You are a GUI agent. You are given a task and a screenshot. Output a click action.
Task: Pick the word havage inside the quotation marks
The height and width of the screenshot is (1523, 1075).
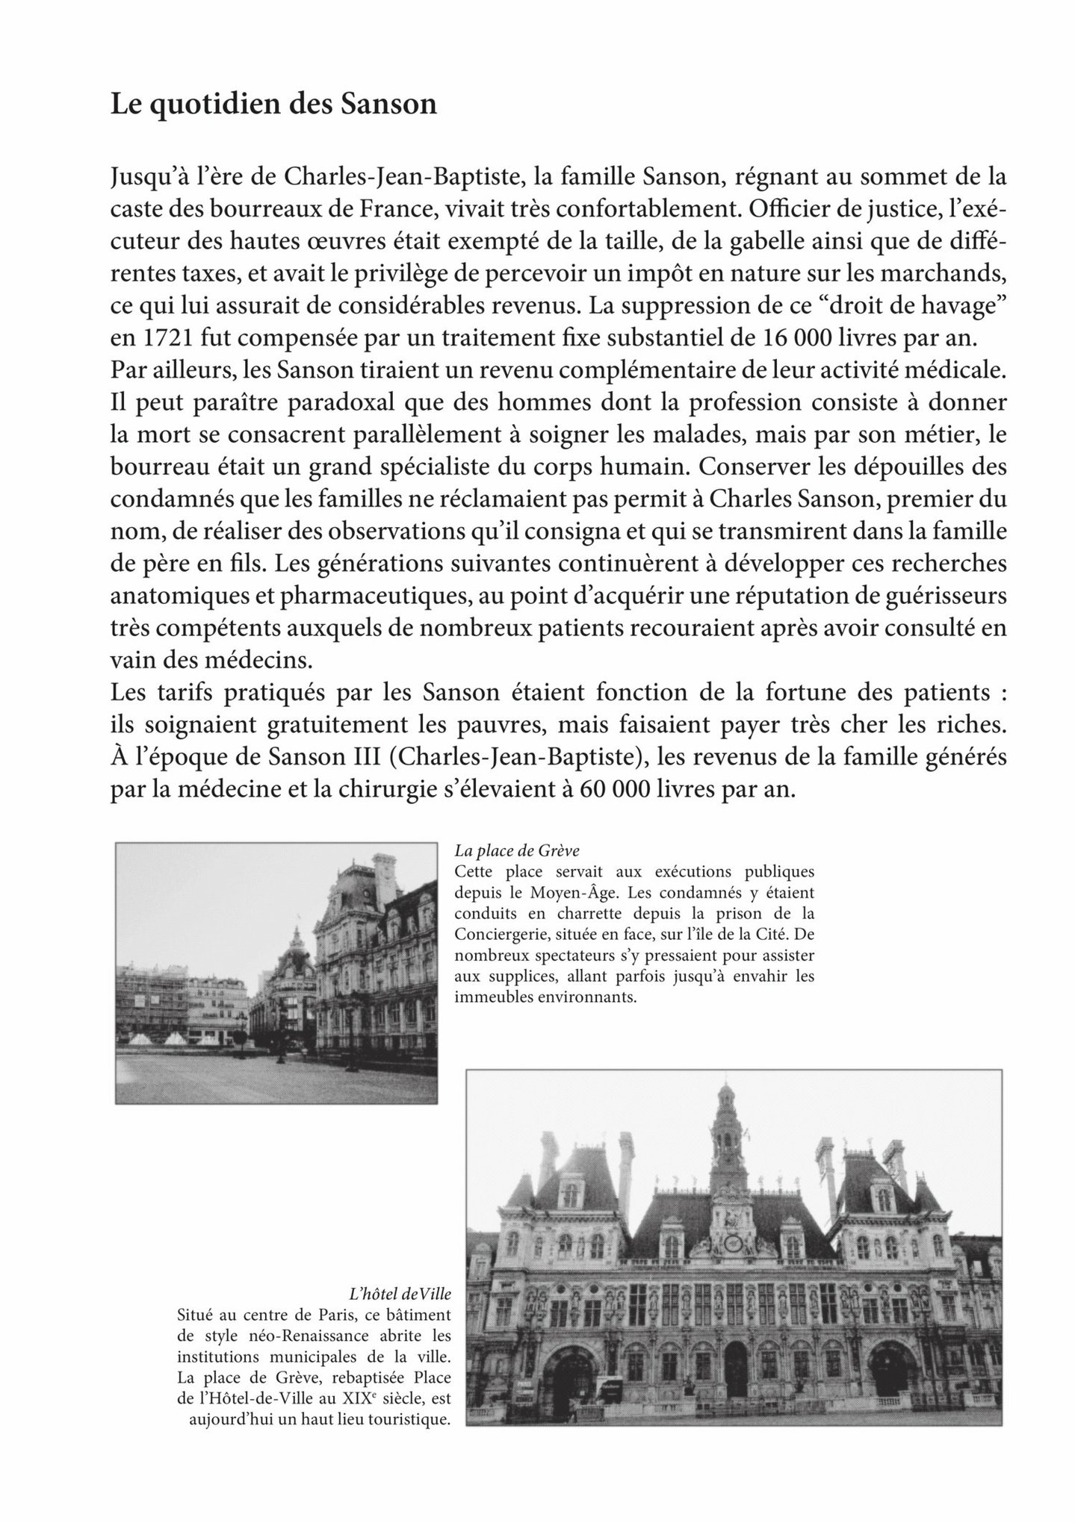(x=955, y=306)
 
